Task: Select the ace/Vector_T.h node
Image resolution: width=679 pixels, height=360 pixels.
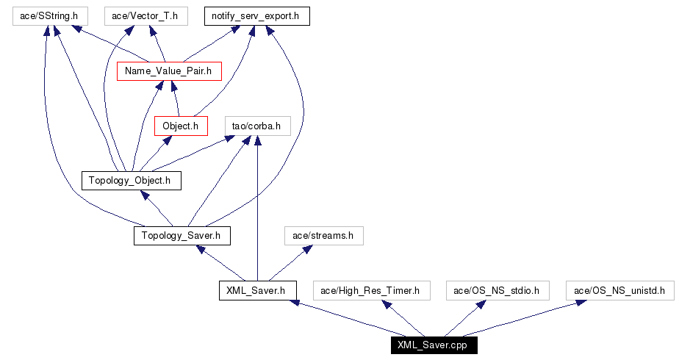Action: click(x=145, y=15)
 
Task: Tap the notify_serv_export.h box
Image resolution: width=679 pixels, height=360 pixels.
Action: click(x=256, y=15)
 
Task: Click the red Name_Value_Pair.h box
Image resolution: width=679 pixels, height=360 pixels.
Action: click(x=169, y=71)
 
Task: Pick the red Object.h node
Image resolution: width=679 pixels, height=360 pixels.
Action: click(x=181, y=126)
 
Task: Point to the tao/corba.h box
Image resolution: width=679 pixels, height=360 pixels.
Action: click(x=256, y=126)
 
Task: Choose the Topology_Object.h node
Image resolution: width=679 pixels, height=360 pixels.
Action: click(x=130, y=180)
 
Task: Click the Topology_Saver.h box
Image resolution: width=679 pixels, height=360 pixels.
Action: click(x=182, y=235)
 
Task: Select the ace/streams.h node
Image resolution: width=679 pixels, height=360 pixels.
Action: click(x=323, y=235)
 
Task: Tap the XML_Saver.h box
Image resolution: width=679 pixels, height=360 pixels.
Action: click(x=257, y=290)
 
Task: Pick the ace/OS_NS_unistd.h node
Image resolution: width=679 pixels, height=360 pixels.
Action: click(x=619, y=290)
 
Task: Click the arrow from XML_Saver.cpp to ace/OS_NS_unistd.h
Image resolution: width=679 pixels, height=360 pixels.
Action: click(x=522, y=318)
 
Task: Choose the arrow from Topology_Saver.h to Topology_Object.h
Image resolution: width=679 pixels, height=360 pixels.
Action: click(x=157, y=209)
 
